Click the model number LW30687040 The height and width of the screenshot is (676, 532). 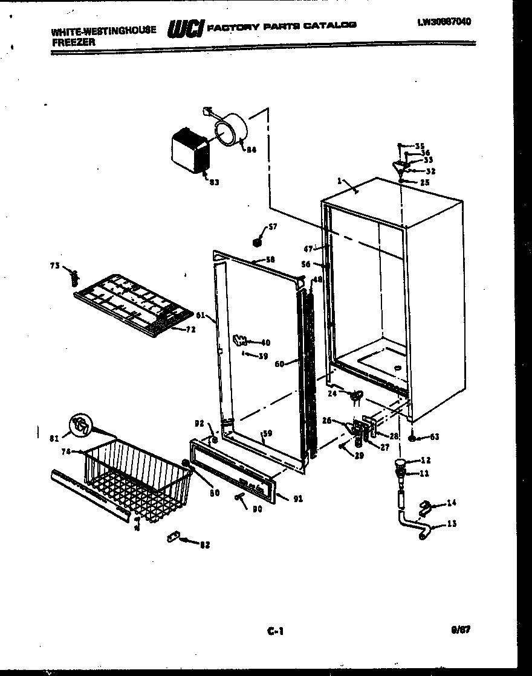(444, 22)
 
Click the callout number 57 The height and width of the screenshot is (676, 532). (272, 227)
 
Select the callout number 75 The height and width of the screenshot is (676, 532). (54, 266)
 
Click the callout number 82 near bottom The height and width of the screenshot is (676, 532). (204, 545)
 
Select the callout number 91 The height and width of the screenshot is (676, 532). (297, 499)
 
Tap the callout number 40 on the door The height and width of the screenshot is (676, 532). (265, 342)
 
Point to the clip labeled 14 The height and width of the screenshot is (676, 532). (427, 506)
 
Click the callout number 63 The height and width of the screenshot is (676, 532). (434, 436)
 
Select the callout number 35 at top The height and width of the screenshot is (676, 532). (420, 146)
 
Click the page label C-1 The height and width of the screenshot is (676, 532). (275, 631)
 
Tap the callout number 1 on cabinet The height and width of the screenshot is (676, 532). (340, 180)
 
